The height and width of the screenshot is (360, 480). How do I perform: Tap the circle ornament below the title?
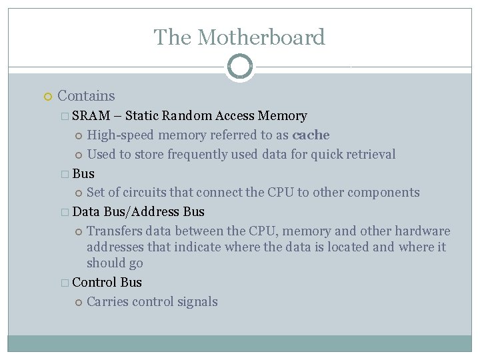239,67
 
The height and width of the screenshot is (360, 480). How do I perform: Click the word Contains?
86,97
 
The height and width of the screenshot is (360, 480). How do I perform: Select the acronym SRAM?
91,116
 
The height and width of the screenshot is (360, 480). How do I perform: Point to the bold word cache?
311,135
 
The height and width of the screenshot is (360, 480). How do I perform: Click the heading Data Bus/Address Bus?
138,212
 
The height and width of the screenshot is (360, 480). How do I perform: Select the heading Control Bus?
107,282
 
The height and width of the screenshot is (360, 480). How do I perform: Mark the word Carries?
107,301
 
